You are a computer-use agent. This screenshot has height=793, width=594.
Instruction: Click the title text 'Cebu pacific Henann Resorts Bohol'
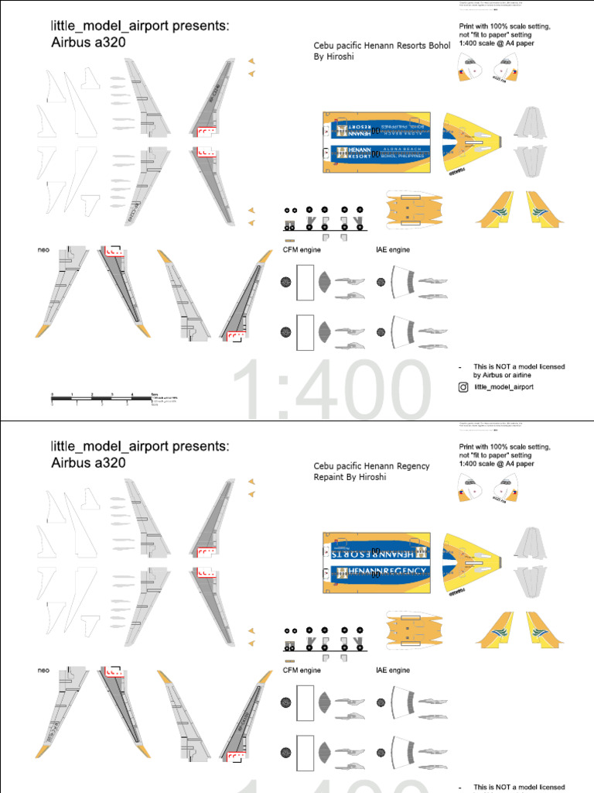coord(381,46)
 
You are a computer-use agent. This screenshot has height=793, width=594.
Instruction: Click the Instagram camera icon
coord(463,386)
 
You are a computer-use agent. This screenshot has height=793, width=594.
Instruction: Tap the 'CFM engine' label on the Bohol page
coord(302,250)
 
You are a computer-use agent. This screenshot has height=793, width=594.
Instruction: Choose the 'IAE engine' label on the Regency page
coord(393,670)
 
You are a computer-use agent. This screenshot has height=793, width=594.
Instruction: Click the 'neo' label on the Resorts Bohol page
coord(43,250)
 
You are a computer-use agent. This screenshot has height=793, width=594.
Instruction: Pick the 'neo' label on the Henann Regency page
coord(43,670)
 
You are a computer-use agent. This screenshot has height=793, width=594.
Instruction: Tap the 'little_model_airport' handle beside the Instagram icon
coord(504,386)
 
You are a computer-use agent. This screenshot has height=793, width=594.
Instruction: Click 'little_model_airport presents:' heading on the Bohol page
coord(140,27)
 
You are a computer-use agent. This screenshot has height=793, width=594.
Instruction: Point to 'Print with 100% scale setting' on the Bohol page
coord(505,26)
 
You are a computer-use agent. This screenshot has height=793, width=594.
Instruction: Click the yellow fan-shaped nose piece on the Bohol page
coord(472,144)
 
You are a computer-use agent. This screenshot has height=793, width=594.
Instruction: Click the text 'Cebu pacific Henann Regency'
coord(371,466)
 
